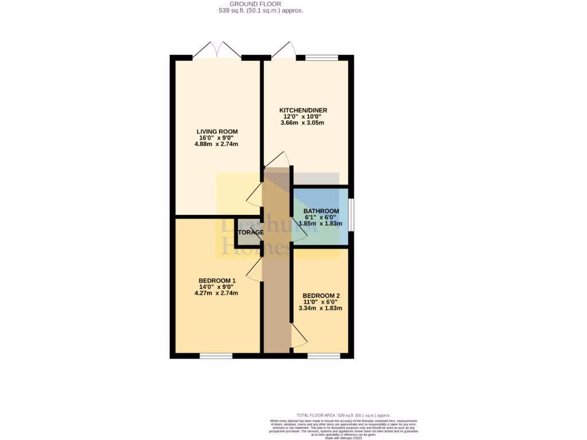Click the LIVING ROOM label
tap(216, 131)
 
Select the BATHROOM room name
tap(321, 211)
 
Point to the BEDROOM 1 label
tap(216, 280)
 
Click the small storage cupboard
tap(248, 232)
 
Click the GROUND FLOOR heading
tap(261, 3)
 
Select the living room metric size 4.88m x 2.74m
tap(216, 144)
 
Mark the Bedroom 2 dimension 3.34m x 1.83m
tap(320, 308)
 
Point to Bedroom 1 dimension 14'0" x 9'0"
tap(216, 286)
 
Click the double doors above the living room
tap(217, 50)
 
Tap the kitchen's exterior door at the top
tap(284, 52)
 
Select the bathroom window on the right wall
tap(351, 215)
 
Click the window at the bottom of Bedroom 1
tap(216, 356)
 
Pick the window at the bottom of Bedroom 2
tap(323, 356)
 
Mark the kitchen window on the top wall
tap(321, 57)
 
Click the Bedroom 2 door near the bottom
tap(298, 336)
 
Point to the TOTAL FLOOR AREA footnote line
tap(343, 415)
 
